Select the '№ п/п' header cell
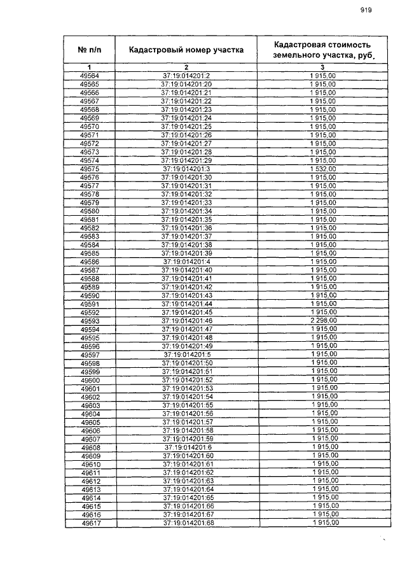coord(90,50)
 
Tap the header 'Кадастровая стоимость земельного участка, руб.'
coord(322,50)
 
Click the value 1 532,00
coord(322,169)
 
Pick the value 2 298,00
coord(322,320)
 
